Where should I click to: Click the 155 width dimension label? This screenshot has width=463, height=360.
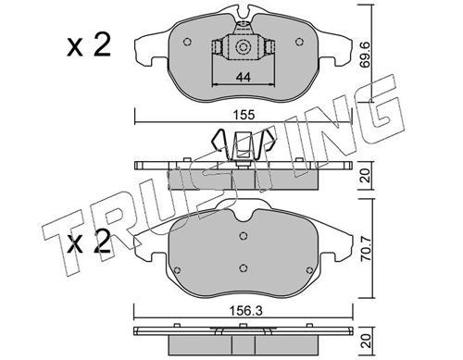tap(244, 115)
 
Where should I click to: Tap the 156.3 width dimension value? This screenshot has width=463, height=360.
tap(244, 311)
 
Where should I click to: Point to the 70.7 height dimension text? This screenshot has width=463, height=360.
tap(367, 252)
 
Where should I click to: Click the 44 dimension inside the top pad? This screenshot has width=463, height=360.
tap(243, 77)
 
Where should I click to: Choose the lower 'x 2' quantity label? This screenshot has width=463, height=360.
tap(89, 241)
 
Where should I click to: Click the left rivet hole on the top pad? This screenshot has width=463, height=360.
tap(187, 42)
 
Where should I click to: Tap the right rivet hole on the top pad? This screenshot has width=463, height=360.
tap(298, 42)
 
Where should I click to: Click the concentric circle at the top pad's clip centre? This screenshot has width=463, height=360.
tap(243, 47)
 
